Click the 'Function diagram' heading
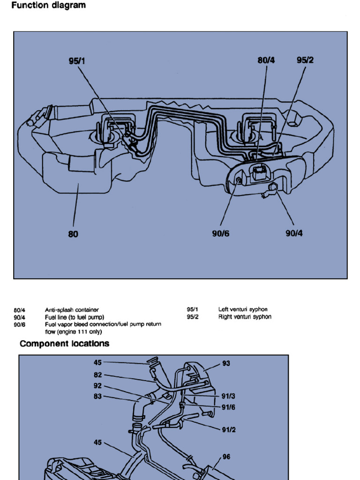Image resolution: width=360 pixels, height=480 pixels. (48, 6)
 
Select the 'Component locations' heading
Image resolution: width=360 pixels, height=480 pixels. (64, 344)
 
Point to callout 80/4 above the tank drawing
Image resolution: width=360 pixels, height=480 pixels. (266, 60)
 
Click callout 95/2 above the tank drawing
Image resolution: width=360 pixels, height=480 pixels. (305, 60)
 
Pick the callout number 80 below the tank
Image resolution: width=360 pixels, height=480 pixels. (73, 234)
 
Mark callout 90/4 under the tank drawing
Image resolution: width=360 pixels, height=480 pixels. (294, 233)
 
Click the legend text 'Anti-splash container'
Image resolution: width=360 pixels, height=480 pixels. (72, 310)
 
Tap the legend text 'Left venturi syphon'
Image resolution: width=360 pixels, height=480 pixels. (243, 309)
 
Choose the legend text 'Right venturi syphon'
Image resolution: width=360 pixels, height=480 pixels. (245, 317)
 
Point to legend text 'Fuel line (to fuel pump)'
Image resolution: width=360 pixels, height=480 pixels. (75, 317)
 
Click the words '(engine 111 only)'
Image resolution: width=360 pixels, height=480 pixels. (73, 331)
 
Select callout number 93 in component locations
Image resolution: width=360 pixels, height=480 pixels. (226, 363)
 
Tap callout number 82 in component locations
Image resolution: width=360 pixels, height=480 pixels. (97, 375)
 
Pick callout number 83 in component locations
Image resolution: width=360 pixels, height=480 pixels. (97, 397)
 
